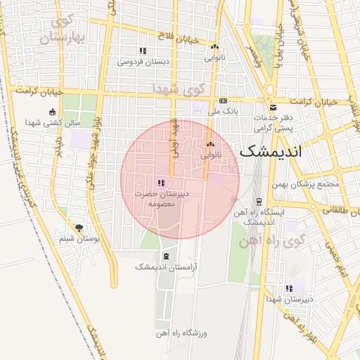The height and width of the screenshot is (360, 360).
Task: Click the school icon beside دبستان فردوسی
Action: pos(143,51)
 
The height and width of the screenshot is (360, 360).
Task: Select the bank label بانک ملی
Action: pos(226,111)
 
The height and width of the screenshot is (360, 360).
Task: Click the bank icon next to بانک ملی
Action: pos(223,101)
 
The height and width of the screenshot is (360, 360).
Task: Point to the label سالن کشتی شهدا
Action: pos(53,122)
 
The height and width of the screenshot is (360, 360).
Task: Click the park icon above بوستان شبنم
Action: pos(78,228)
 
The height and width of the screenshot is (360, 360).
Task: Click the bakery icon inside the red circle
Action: pos(210,143)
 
